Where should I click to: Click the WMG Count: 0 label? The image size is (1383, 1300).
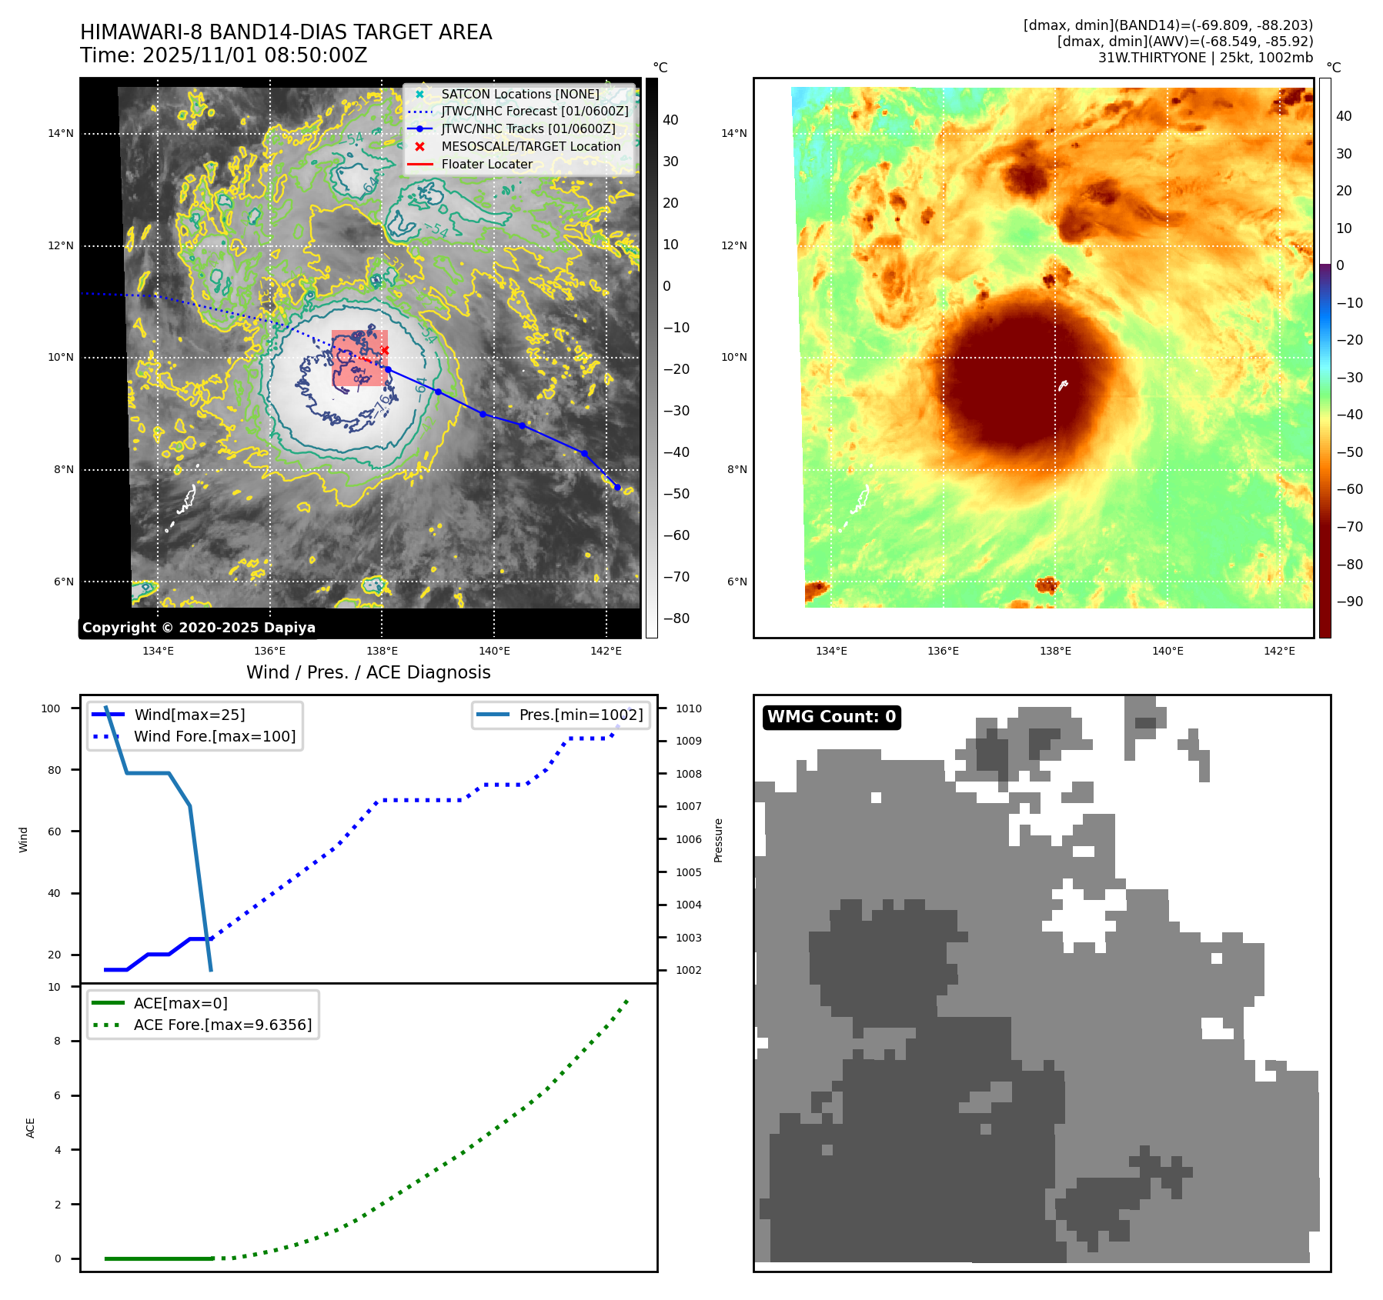click(831, 717)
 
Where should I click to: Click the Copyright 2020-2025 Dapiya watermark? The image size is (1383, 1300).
click(199, 628)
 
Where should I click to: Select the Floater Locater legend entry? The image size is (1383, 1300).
click(486, 164)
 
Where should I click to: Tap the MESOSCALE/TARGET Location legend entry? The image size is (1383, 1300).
click(530, 146)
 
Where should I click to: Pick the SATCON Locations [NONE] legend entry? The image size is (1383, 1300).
click(519, 94)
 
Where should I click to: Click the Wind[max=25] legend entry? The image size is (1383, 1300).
click(189, 715)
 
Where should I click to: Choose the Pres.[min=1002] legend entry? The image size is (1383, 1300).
click(580, 715)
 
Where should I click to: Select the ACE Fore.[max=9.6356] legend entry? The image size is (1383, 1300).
click(222, 1025)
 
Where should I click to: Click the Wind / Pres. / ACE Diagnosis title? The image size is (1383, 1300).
click(368, 672)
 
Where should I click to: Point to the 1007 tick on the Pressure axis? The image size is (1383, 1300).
click(688, 806)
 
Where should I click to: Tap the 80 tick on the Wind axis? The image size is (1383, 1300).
click(54, 770)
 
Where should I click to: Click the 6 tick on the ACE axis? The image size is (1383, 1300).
click(57, 1095)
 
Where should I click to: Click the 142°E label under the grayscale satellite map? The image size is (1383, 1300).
click(606, 651)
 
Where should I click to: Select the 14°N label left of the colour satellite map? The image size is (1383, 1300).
click(733, 133)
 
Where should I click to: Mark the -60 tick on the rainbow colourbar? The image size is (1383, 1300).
click(1349, 489)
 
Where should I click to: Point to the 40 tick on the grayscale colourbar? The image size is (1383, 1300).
click(670, 120)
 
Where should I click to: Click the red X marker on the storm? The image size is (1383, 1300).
click(385, 350)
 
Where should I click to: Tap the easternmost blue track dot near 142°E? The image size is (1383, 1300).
click(617, 487)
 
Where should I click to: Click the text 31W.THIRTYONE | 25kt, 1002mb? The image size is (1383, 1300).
click(1205, 58)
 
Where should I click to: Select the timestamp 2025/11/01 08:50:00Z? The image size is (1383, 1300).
click(255, 55)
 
